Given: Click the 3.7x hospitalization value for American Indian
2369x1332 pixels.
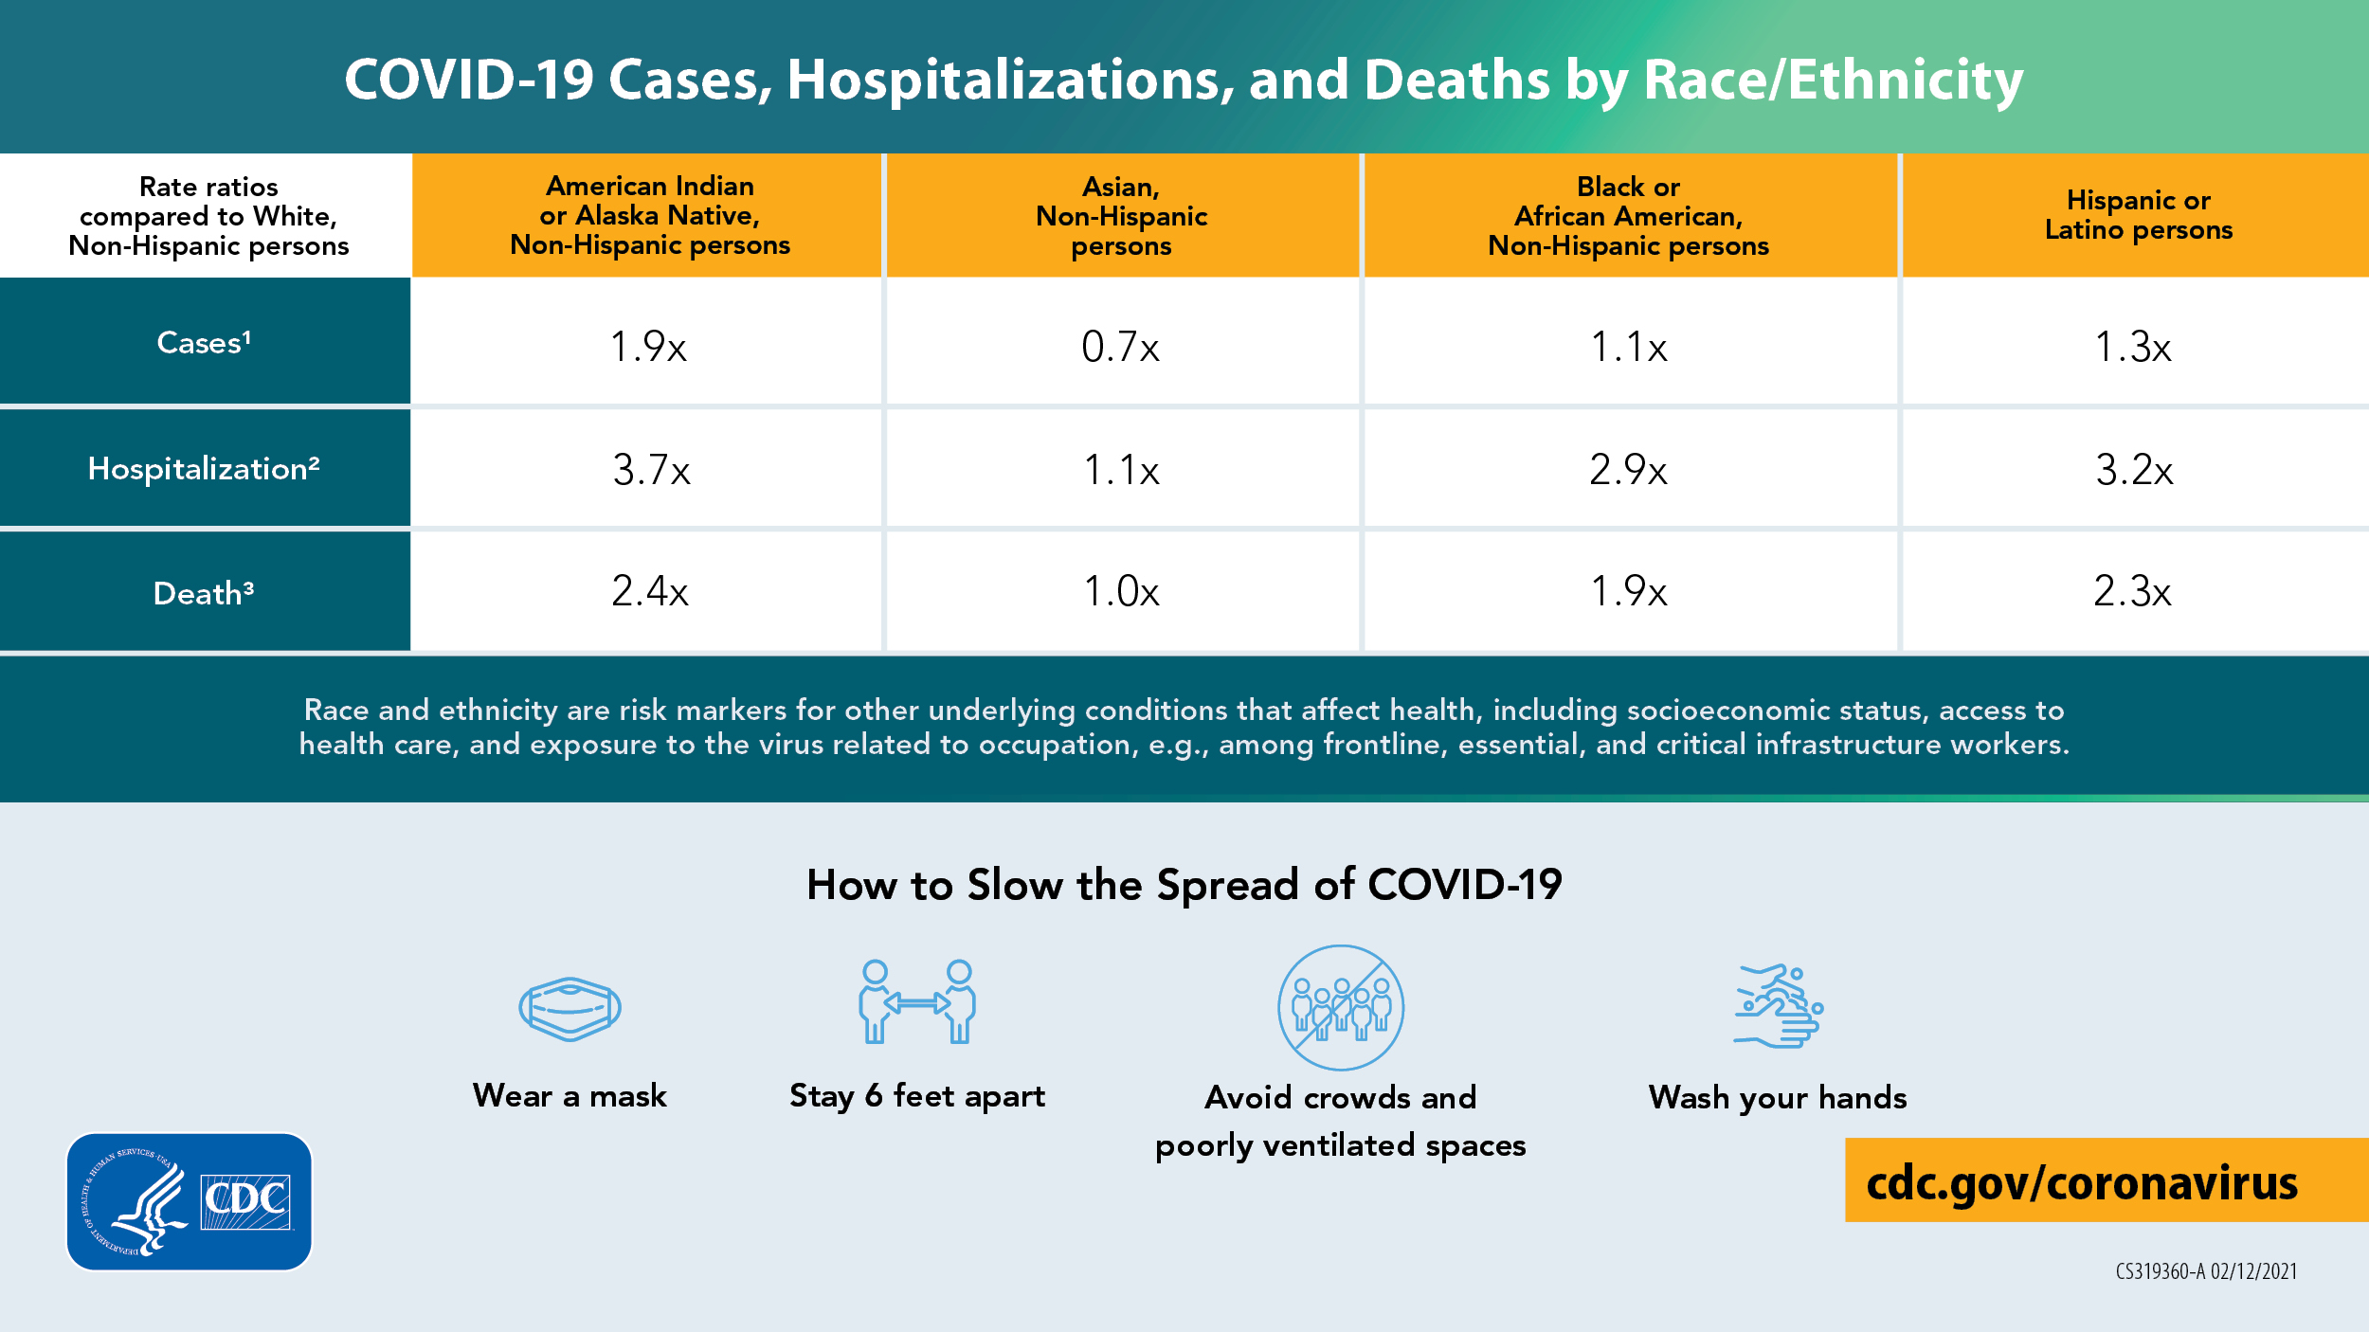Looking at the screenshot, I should (x=651, y=470).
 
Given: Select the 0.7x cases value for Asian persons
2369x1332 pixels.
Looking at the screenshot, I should (x=1120, y=347).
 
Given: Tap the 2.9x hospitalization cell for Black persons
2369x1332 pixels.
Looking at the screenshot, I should (x=1628, y=470).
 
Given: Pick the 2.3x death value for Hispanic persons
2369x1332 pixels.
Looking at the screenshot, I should (x=2132, y=591).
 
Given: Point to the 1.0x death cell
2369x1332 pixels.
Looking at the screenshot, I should (x=1121, y=591).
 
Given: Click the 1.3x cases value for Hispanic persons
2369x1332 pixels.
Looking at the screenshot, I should (x=2132, y=347).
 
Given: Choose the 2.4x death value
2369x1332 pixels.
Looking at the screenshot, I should (x=649, y=591).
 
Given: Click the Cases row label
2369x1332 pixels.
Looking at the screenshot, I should (x=204, y=342).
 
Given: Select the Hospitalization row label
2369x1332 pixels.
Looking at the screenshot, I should (x=204, y=468).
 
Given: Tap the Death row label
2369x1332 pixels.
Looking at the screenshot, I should (x=204, y=593).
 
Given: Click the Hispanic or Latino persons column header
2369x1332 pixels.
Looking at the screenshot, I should (x=2138, y=215).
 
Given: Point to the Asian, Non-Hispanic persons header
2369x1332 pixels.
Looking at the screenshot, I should (x=1121, y=216).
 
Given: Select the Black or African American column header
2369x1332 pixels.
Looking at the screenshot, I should (x=1628, y=216).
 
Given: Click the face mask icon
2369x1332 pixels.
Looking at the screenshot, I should (x=570, y=1008).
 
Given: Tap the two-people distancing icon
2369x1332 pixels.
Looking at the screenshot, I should (x=917, y=1002).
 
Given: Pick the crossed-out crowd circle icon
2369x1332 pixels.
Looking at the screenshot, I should (x=1341, y=1007).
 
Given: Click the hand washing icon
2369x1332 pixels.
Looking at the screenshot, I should (x=1778, y=1006).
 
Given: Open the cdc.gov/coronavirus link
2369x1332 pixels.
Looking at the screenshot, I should (x=2082, y=1182).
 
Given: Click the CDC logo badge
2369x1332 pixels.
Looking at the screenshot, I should (x=190, y=1201).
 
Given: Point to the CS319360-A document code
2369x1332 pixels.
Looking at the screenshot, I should (x=2206, y=1271).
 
